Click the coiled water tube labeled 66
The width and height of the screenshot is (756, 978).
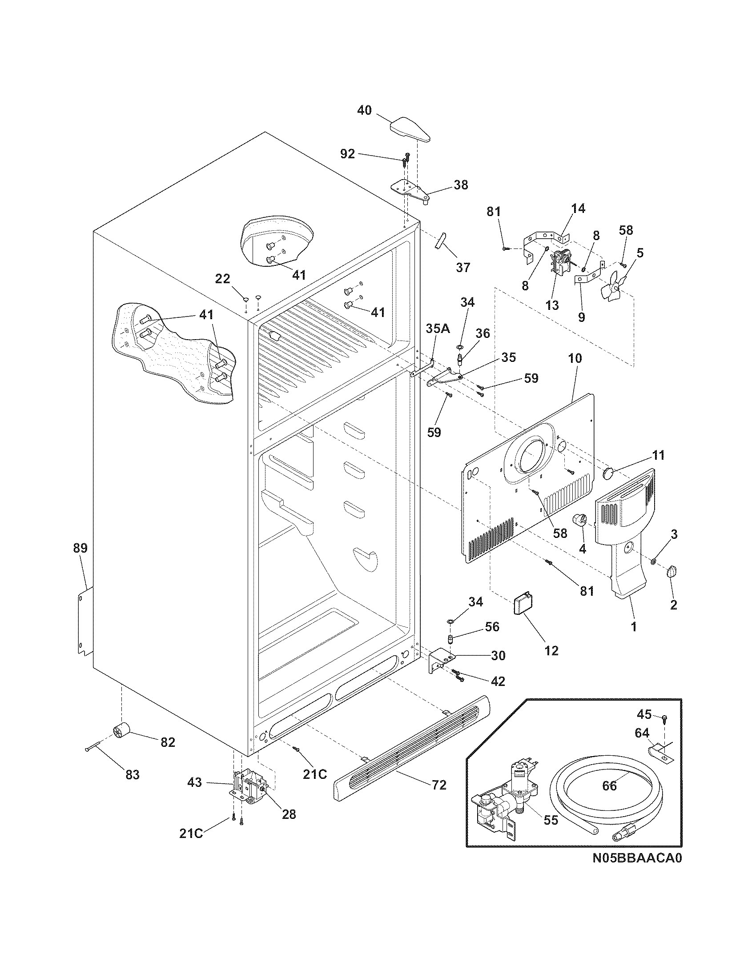[x=609, y=798]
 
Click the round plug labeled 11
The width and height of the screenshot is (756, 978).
[x=610, y=473]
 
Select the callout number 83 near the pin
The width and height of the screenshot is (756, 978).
[x=132, y=774]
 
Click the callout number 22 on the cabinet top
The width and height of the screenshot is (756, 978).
[x=222, y=279]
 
